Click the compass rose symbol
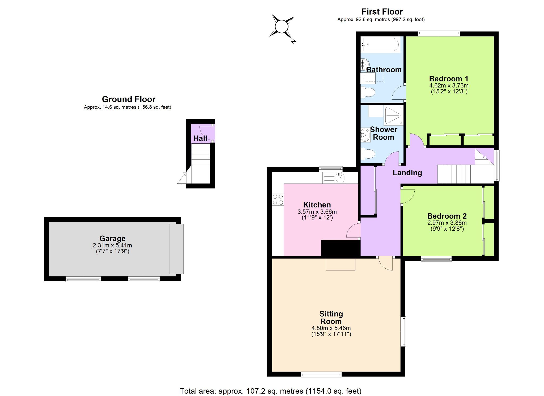282,27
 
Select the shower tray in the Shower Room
394,115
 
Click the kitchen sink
334,178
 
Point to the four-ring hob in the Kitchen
278,199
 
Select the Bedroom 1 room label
449,79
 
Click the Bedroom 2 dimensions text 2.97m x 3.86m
447,223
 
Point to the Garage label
112,239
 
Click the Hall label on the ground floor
200,138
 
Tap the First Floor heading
382,12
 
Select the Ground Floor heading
129,99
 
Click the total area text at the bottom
270,391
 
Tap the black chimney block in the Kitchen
341,248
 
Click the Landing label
407,173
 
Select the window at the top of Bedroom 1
439,34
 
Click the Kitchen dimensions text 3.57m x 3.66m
317,212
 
